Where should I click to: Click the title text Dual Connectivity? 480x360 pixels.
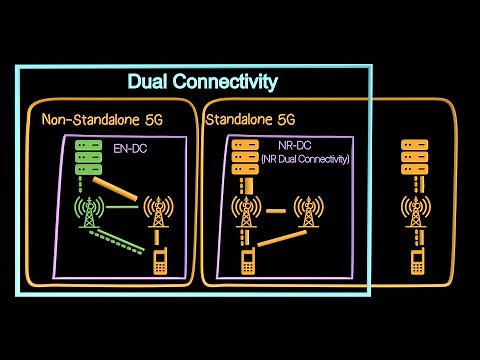point(202,81)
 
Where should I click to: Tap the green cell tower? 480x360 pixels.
point(90,211)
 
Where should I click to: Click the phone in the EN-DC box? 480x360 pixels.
point(158,262)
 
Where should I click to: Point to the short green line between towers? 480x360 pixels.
point(123,207)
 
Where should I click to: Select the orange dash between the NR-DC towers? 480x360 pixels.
point(277,210)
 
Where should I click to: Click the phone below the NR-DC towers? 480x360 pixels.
point(247,262)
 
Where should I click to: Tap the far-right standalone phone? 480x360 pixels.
point(416,262)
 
